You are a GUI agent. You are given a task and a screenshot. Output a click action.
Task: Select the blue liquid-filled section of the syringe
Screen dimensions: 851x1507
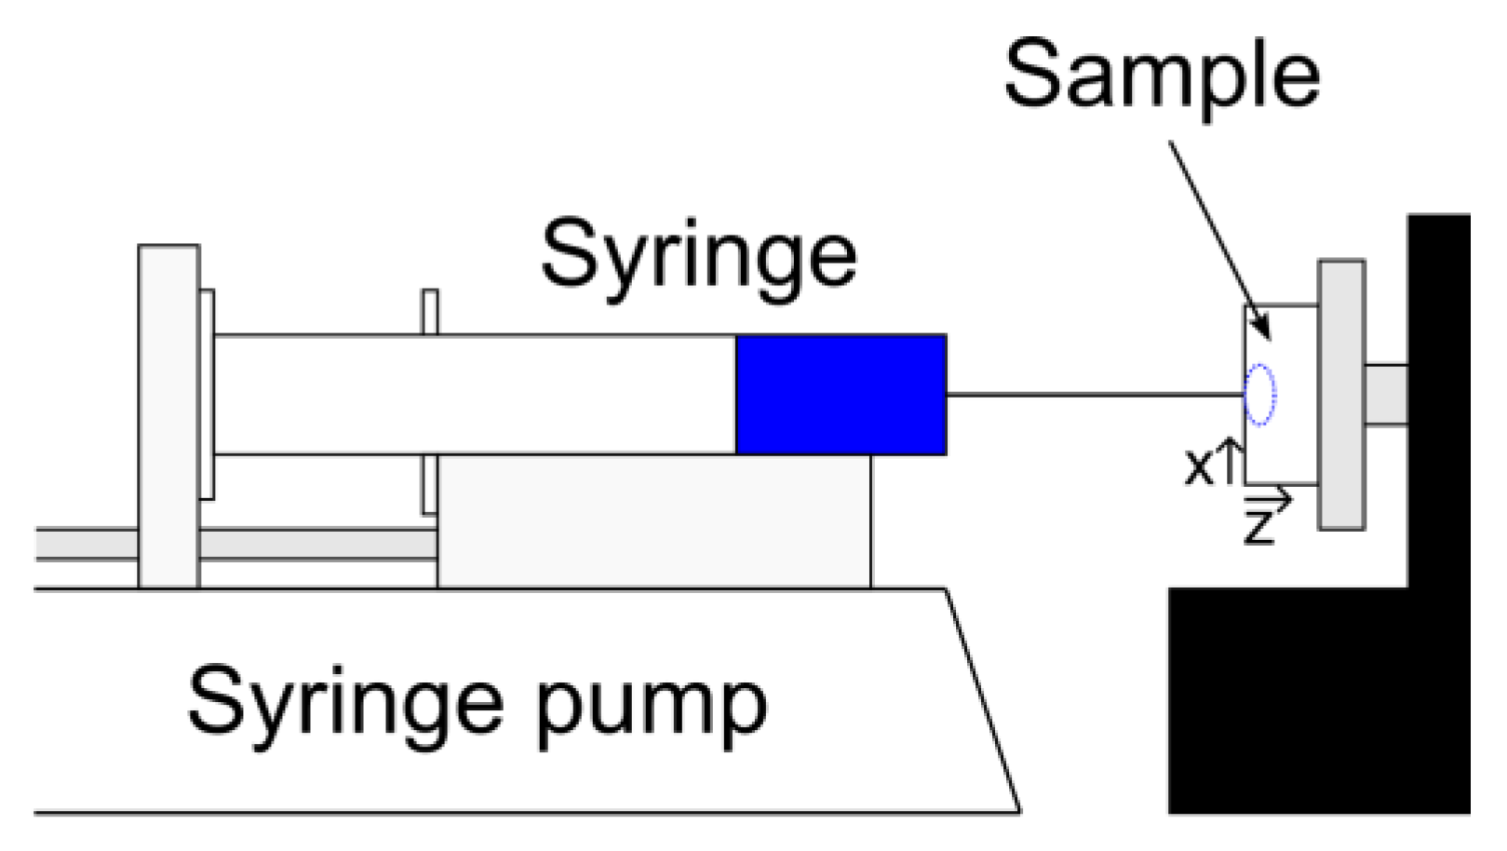(841, 395)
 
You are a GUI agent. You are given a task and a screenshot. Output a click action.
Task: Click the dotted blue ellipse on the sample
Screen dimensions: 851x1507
(1260, 395)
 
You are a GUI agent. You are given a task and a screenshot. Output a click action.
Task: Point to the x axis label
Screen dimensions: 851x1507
(1199, 466)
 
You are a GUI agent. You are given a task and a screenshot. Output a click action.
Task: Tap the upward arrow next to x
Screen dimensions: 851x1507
(1230, 460)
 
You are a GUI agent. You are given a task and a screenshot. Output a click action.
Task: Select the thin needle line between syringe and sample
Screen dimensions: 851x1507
(1094, 395)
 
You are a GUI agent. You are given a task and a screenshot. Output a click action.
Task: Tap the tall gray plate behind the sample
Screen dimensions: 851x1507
(1341, 395)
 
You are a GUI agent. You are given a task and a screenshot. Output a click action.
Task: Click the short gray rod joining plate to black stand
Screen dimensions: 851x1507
(1386, 395)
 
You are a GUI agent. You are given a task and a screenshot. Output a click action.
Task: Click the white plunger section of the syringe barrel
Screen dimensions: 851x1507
(475, 395)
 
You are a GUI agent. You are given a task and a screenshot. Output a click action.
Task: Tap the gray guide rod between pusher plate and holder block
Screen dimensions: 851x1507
(316, 544)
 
